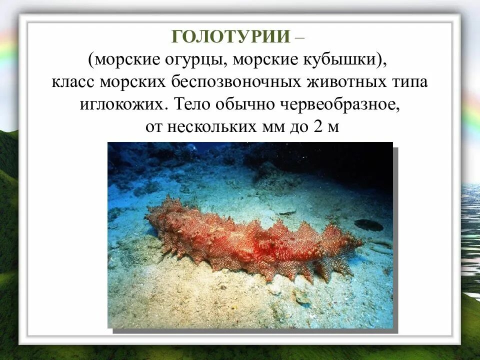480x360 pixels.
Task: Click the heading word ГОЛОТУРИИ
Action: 230,37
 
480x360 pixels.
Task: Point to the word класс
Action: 73,82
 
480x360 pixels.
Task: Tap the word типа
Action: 411,82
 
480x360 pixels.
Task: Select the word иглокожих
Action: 125,104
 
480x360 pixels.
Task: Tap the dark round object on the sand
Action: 368,225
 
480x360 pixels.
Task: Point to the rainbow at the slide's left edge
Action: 7,50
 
